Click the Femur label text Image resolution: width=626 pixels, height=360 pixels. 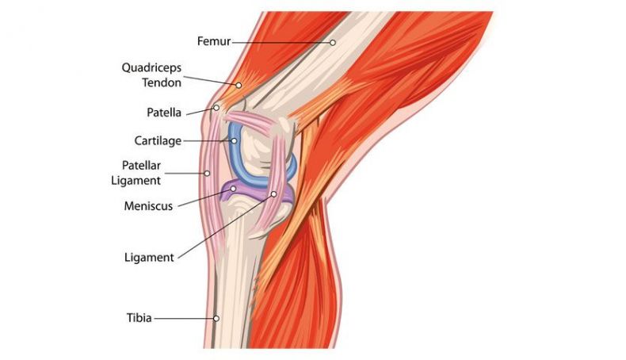tap(214, 41)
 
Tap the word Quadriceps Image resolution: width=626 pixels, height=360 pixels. tap(151, 68)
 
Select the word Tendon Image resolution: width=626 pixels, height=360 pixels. tap(162, 82)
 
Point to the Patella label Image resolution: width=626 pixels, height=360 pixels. tap(164, 113)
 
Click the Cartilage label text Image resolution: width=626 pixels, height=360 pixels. tap(158, 141)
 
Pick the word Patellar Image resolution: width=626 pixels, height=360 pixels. tap(141, 166)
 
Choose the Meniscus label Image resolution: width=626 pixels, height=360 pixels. tap(148, 206)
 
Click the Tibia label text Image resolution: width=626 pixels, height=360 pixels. tap(139, 318)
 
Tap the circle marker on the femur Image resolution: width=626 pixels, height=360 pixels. tap(333, 42)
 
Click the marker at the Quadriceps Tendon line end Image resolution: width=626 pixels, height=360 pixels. tap(239, 85)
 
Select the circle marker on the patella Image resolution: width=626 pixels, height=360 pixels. tap(216, 108)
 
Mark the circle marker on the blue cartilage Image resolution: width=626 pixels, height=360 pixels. tap(234, 140)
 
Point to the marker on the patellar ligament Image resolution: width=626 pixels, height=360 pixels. tap(207, 173)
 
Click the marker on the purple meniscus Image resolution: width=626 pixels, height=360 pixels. tap(233, 188)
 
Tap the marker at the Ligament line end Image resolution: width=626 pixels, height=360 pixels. tap(274, 194)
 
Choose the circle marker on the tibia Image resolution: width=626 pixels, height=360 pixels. tap(216, 319)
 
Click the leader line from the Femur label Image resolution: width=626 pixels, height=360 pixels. tap(281, 42)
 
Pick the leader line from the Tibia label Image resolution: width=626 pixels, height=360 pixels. tap(183, 319)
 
